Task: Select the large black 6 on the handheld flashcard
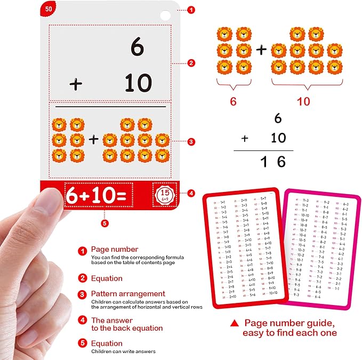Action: [137, 47]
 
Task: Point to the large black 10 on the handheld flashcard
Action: [138, 83]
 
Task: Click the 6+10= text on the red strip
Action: [96, 196]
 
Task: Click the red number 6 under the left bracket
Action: [232, 101]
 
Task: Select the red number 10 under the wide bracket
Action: [303, 101]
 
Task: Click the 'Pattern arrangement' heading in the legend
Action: [128, 294]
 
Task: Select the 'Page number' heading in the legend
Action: [115, 249]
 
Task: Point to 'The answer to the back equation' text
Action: [127, 324]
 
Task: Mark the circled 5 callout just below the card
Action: [104, 223]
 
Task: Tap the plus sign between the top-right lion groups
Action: [261, 51]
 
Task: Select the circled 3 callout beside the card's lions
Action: [191, 142]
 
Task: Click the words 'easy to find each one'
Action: [289, 333]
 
